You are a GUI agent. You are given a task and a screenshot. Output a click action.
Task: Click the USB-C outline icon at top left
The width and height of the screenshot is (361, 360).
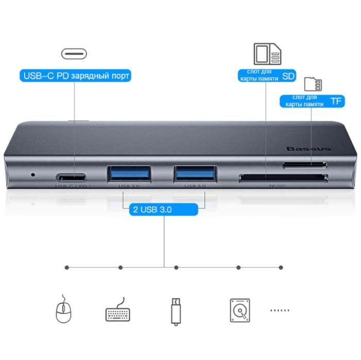(74, 53)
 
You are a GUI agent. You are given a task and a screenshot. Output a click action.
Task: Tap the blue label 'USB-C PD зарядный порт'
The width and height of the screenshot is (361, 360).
(75, 76)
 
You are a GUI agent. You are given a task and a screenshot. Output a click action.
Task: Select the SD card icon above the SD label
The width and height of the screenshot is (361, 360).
(267, 53)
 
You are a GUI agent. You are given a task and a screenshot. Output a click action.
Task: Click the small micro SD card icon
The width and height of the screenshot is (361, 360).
(313, 84)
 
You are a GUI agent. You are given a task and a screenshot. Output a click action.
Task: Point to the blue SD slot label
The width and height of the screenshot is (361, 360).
(266, 75)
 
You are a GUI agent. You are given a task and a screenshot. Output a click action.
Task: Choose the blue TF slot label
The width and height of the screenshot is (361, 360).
(312, 100)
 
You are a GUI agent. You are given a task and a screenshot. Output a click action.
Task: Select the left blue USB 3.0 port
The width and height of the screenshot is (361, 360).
(129, 173)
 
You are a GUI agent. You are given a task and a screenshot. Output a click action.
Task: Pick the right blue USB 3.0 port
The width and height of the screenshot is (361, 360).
(195, 173)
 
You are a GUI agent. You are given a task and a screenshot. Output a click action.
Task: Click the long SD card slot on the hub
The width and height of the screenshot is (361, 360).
(283, 179)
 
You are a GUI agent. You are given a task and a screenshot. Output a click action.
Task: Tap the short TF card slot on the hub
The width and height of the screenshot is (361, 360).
(304, 165)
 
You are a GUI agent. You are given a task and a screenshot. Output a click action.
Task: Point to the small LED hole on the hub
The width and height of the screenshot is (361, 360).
(34, 174)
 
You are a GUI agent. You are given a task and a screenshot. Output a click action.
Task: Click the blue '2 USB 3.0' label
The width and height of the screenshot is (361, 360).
(163, 210)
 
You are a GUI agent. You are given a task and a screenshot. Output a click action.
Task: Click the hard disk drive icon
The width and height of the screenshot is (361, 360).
(239, 311)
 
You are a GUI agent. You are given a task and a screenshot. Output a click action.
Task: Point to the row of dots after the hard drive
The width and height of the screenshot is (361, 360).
(280, 311)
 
